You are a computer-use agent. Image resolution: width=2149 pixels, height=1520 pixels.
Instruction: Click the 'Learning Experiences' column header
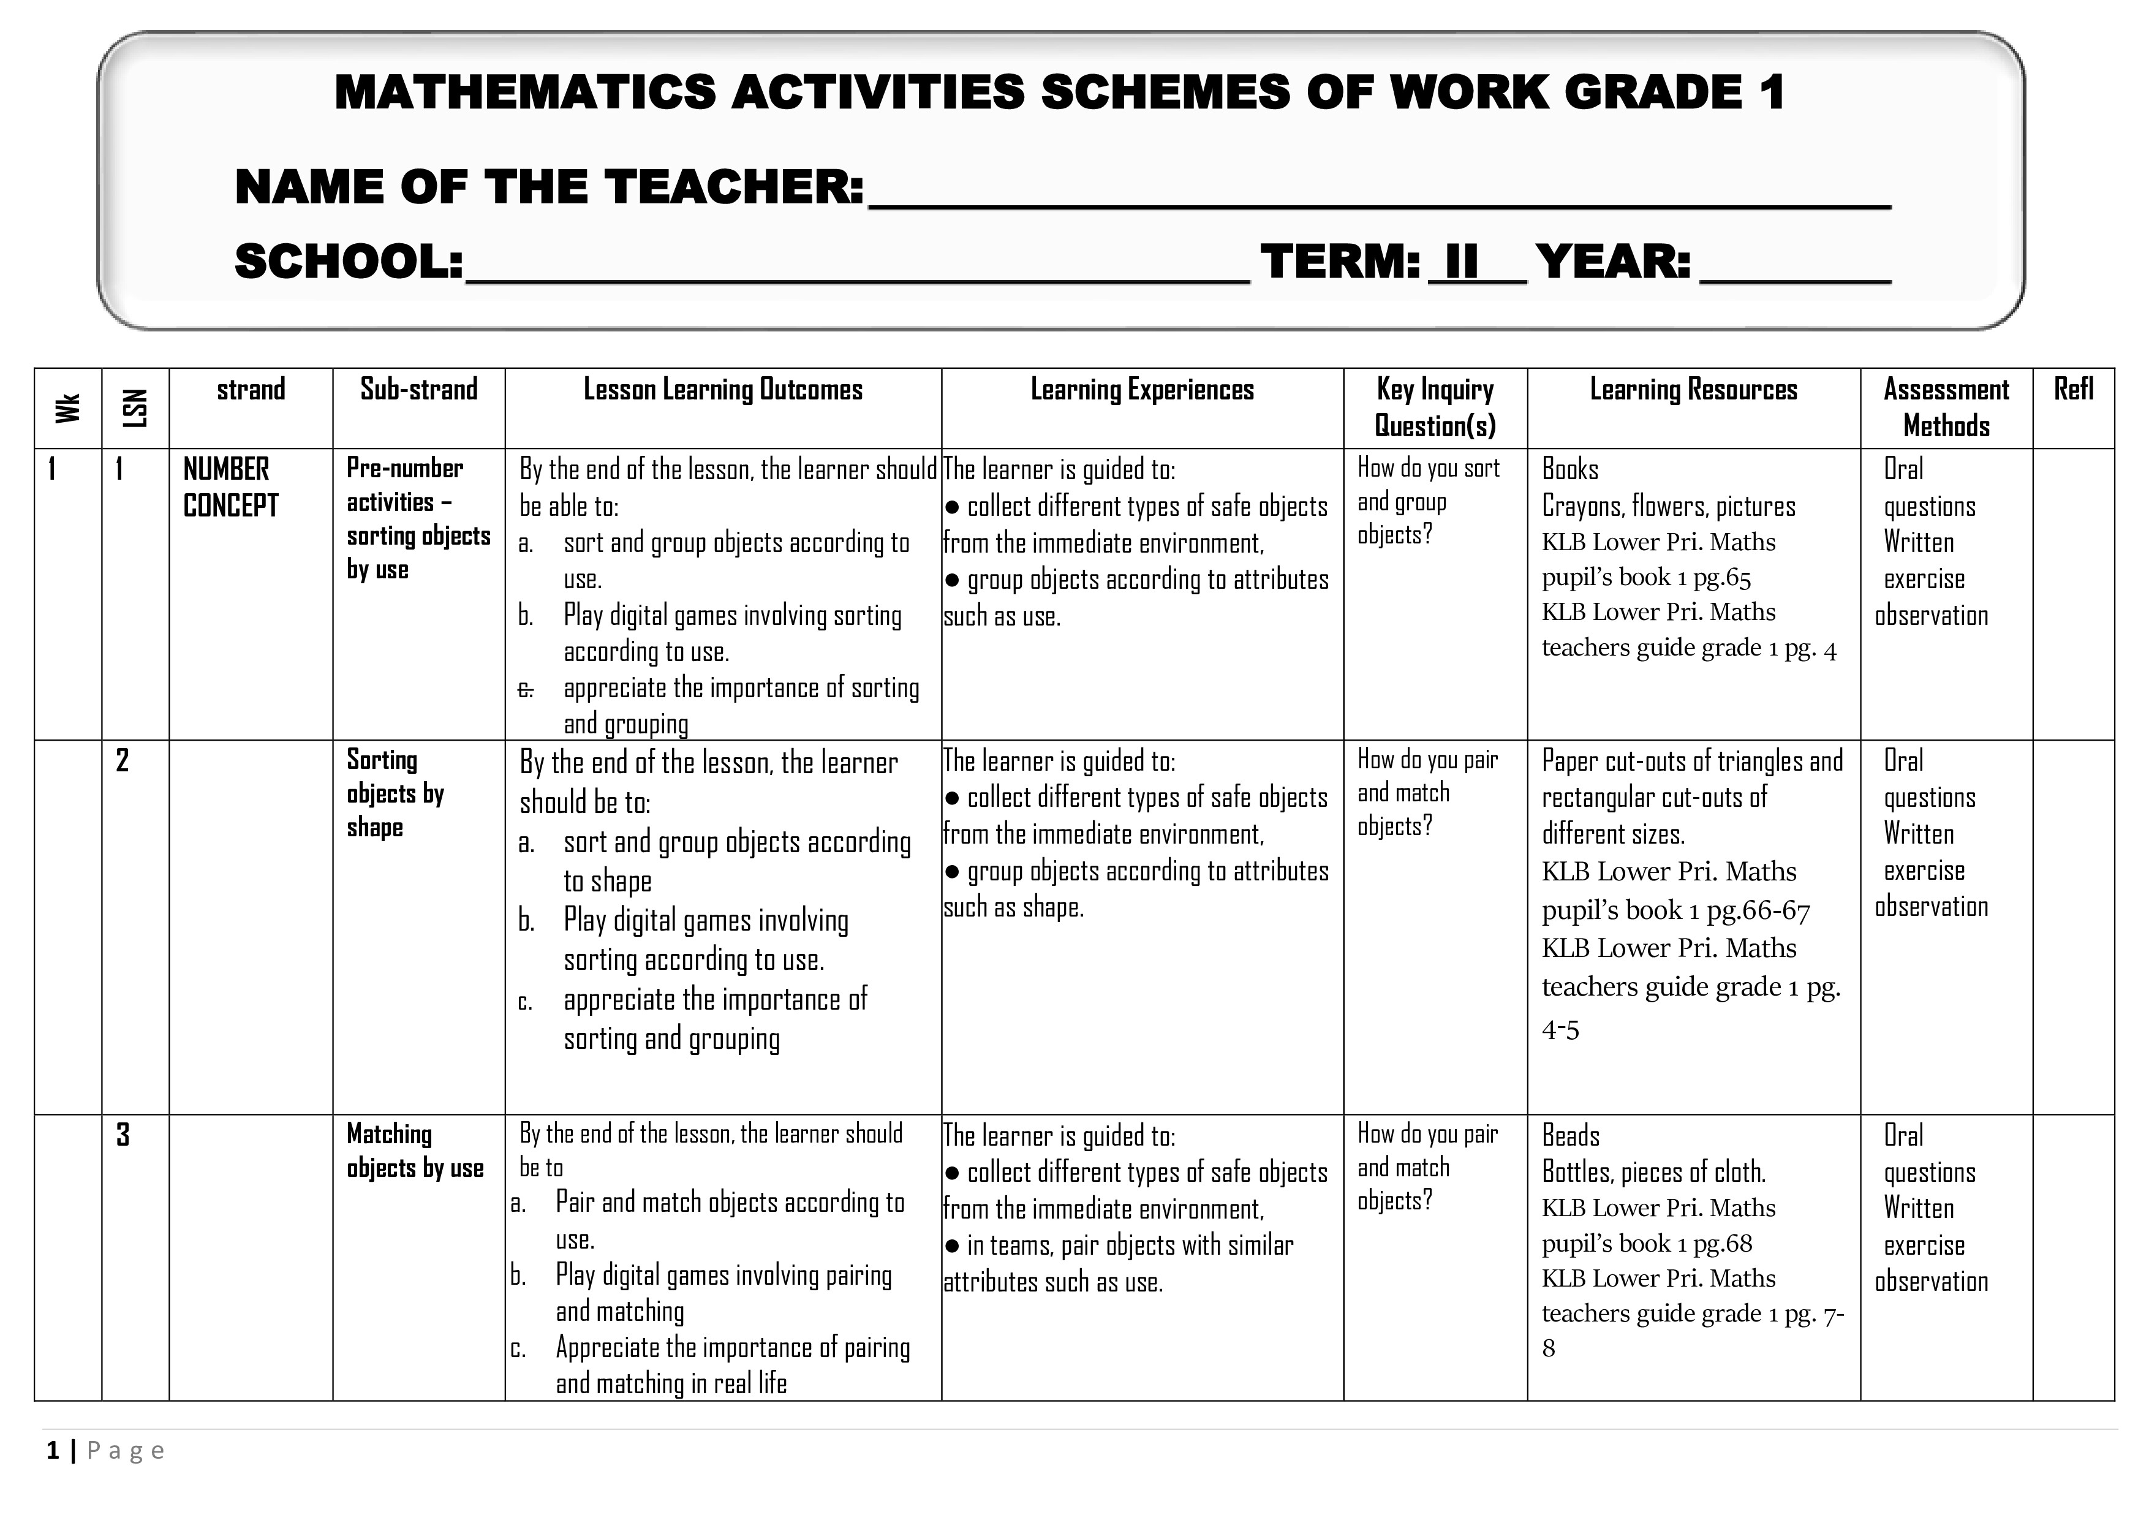pyautogui.click(x=1142, y=390)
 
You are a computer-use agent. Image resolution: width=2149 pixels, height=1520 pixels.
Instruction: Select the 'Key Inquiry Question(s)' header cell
pyautogui.click(x=1435, y=407)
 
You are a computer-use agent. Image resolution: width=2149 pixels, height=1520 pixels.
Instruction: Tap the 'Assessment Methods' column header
pyautogui.click(x=1946, y=407)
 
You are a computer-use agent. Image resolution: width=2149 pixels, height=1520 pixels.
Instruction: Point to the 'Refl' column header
pyautogui.click(x=2073, y=390)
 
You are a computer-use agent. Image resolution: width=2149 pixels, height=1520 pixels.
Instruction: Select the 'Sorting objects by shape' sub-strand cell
pyautogui.click(x=395, y=793)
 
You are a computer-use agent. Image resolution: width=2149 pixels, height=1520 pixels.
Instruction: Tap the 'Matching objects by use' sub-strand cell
pyautogui.click(x=415, y=1151)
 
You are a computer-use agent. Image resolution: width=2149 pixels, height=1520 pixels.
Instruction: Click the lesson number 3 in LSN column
pyautogui.click(x=123, y=1135)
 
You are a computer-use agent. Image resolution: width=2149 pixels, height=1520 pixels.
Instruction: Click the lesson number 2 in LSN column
pyautogui.click(x=123, y=760)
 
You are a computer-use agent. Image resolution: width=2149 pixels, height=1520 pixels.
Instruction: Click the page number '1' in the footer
pyautogui.click(x=53, y=1451)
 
